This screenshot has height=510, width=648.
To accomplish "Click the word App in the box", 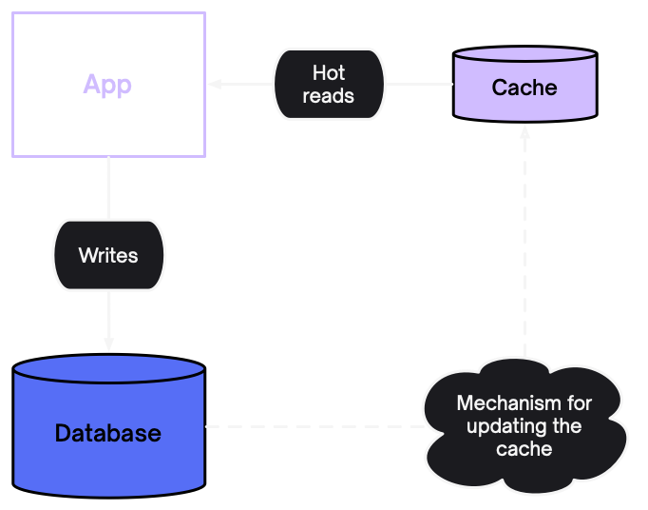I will [x=107, y=85].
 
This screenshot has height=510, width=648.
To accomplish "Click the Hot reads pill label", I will [x=329, y=85].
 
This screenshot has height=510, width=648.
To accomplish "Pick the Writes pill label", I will [x=108, y=255].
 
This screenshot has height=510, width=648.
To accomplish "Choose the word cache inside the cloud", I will [x=524, y=448].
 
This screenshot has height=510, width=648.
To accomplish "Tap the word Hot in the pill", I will [x=329, y=73].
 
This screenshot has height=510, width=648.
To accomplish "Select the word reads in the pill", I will [x=329, y=96].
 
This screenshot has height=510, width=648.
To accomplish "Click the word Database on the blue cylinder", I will [x=108, y=433].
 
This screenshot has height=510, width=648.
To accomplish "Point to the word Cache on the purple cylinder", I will [x=524, y=88].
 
